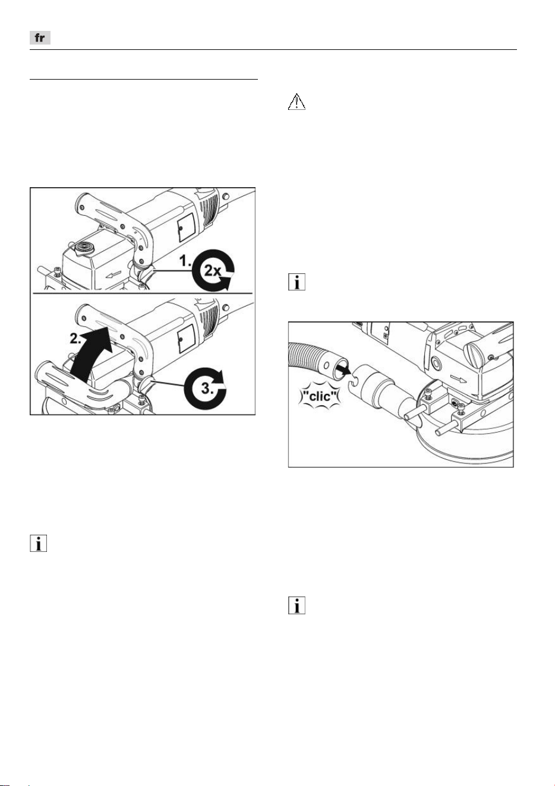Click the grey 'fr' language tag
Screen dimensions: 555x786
[x=40, y=38]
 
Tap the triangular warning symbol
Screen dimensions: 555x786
[x=297, y=102]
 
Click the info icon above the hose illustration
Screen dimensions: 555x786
[x=297, y=282]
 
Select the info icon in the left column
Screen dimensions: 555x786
[x=38, y=543]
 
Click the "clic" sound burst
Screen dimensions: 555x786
[x=320, y=396]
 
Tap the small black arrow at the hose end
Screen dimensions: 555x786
[x=343, y=370]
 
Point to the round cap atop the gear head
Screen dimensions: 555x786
[x=84, y=247]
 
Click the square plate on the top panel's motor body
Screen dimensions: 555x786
[x=185, y=228]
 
